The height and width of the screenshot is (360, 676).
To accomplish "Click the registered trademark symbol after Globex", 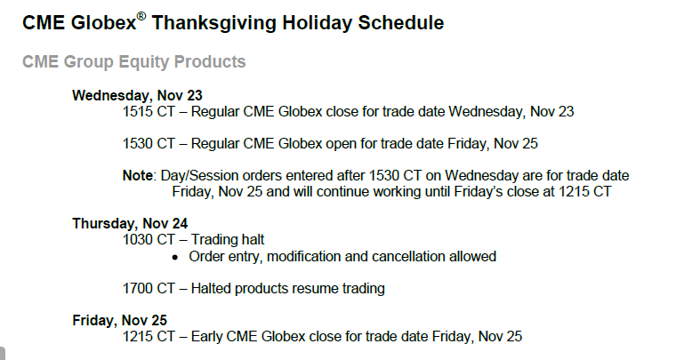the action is click(x=141, y=16).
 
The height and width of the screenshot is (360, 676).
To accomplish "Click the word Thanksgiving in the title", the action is click(x=213, y=23).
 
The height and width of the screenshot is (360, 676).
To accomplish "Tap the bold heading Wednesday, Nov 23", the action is click(x=137, y=96).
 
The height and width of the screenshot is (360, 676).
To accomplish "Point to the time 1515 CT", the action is click(x=149, y=111).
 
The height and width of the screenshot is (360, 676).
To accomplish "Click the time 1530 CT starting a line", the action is click(x=149, y=143).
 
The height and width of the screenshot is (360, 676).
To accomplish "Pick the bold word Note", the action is click(x=138, y=176).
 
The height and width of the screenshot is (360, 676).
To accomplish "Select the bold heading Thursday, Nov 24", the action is click(x=130, y=223).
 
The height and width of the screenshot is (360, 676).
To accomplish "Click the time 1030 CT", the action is click(x=149, y=239).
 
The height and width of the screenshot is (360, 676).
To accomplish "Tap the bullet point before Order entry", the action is click(x=174, y=258).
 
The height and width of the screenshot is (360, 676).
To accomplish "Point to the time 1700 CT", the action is click(x=149, y=289).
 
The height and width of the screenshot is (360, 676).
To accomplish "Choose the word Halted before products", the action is click(x=211, y=289).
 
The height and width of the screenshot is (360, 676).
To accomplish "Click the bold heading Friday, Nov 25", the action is click(x=119, y=320).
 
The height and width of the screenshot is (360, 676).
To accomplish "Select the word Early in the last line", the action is click(x=206, y=336).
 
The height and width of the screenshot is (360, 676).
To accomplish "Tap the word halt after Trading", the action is click(x=253, y=239).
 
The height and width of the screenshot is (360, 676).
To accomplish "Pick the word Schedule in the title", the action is click(x=401, y=22).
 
